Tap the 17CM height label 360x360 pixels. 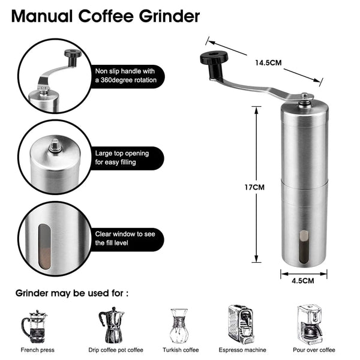coord(256,187)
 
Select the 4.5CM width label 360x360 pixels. coord(303,280)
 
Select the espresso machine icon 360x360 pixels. coord(244,324)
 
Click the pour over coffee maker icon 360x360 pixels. coord(310,324)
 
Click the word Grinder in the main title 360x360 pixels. coord(163,16)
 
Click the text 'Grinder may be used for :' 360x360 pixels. coord(71,294)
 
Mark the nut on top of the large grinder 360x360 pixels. coord(304,97)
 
